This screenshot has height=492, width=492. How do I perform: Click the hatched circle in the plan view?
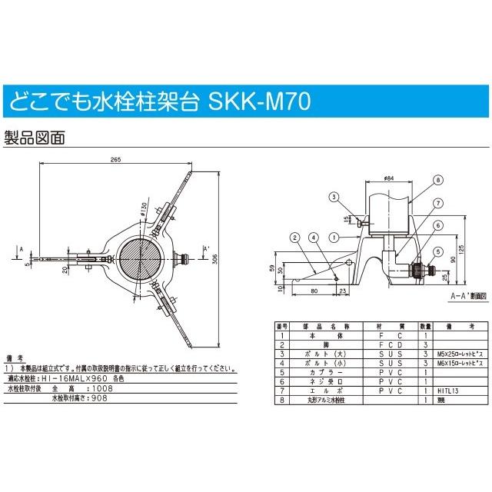[x=141, y=259]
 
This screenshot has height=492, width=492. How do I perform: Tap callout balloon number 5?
[x=437, y=250]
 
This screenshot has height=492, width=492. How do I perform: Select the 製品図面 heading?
[x=35, y=138]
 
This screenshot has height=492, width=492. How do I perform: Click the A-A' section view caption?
[x=465, y=295]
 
